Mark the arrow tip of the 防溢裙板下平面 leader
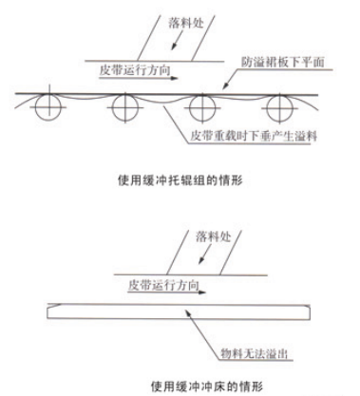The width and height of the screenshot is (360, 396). coord(220,85)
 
